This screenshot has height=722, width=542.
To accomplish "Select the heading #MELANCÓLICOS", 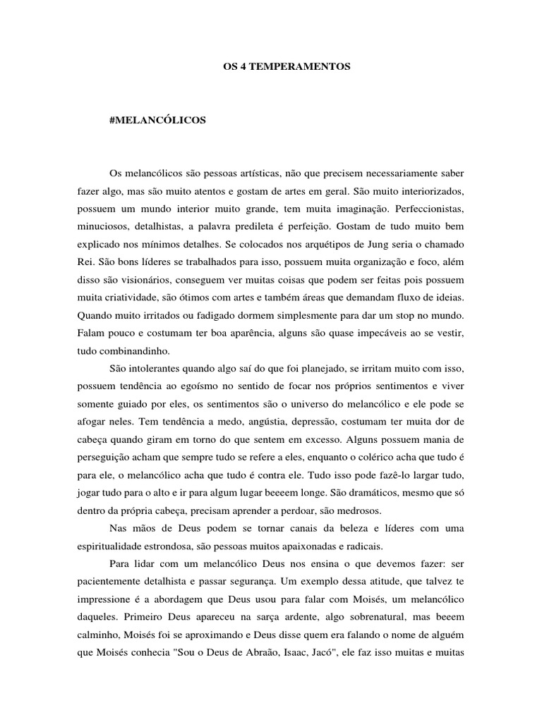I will pyautogui.click(x=158, y=121).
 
